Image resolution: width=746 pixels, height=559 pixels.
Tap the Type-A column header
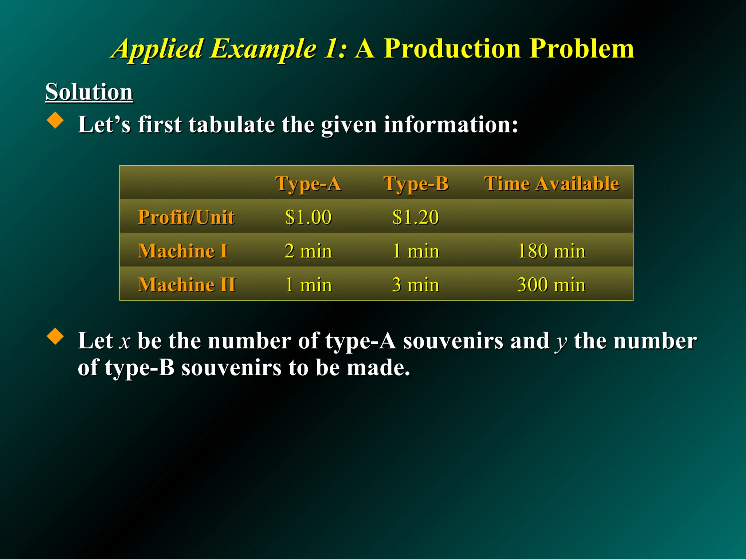(x=308, y=183)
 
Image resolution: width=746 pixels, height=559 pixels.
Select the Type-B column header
(x=416, y=183)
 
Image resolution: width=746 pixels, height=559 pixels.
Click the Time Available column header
(x=551, y=183)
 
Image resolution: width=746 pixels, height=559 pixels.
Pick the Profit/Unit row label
(x=186, y=217)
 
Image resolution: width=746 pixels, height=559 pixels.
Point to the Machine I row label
(x=183, y=251)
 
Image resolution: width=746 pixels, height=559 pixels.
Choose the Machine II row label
(x=186, y=285)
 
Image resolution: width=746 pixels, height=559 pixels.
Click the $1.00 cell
(x=308, y=217)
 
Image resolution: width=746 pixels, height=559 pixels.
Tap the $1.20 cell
(x=416, y=217)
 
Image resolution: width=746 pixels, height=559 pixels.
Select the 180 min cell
(x=551, y=251)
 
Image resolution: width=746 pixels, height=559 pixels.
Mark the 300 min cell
(x=551, y=285)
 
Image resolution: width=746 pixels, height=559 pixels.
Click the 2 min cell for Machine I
(x=308, y=251)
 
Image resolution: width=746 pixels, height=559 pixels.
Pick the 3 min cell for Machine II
(x=416, y=285)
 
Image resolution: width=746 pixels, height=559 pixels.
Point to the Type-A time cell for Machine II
(x=308, y=285)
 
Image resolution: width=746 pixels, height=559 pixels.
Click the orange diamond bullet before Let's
(x=55, y=120)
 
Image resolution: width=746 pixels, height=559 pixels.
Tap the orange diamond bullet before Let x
(x=55, y=336)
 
